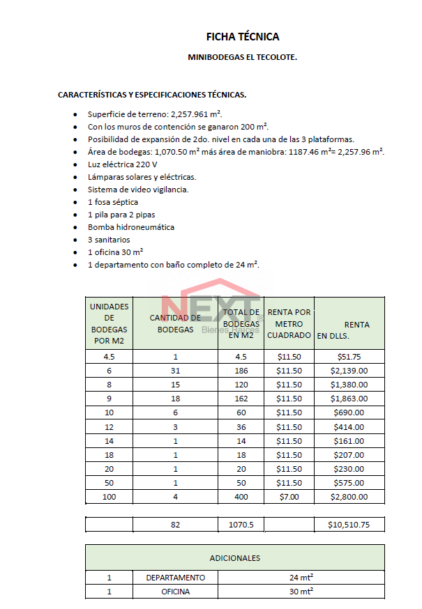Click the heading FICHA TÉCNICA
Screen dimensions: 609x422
click(x=242, y=37)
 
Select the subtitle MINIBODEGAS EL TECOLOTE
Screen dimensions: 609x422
click(x=242, y=57)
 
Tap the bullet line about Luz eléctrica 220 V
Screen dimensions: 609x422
click(x=122, y=164)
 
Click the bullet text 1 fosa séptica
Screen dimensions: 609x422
click(x=113, y=202)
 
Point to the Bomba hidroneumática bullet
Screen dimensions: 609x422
click(x=130, y=227)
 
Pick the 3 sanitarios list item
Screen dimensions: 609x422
click(x=109, y=240)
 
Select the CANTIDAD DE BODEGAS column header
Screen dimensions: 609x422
click(x=175, y=323)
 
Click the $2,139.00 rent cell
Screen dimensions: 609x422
click(x=349, y=371)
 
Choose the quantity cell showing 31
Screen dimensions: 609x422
click(x=175, y=371)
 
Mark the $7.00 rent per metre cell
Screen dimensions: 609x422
click(x=289, y=497)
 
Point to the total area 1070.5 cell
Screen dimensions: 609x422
click(x=241, y=525)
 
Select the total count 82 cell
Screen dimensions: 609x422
click(x=175, y=525)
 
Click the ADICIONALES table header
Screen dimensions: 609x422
click(x=235, y=557)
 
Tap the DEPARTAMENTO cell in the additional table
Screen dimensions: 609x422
click(x=175, y=578)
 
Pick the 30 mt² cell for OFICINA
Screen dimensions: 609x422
click(x=301, y=592)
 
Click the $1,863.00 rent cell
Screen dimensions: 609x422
click(x=349, y=399)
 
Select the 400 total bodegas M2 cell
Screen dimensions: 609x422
click(x=241, y=497)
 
